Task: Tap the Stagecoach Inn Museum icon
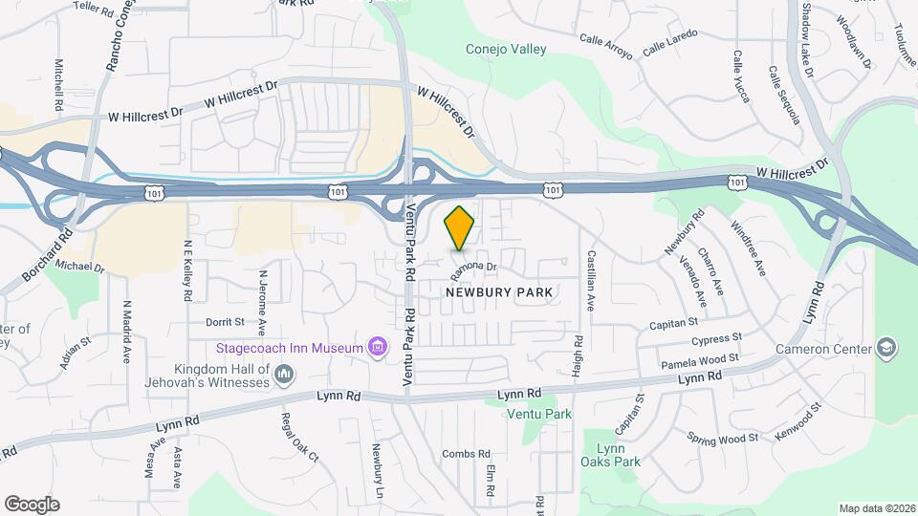tap(378, 347)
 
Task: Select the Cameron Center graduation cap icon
tap(886, 347)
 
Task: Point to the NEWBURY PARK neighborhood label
tap(500, 290)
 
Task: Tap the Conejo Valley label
tap(506, 50)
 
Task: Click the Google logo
tap(32, 504)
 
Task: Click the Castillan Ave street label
tap(592, 279)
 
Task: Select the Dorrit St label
tap(225, 322)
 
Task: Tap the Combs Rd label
tap(466, 454)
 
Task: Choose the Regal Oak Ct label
tap(299, 437)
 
